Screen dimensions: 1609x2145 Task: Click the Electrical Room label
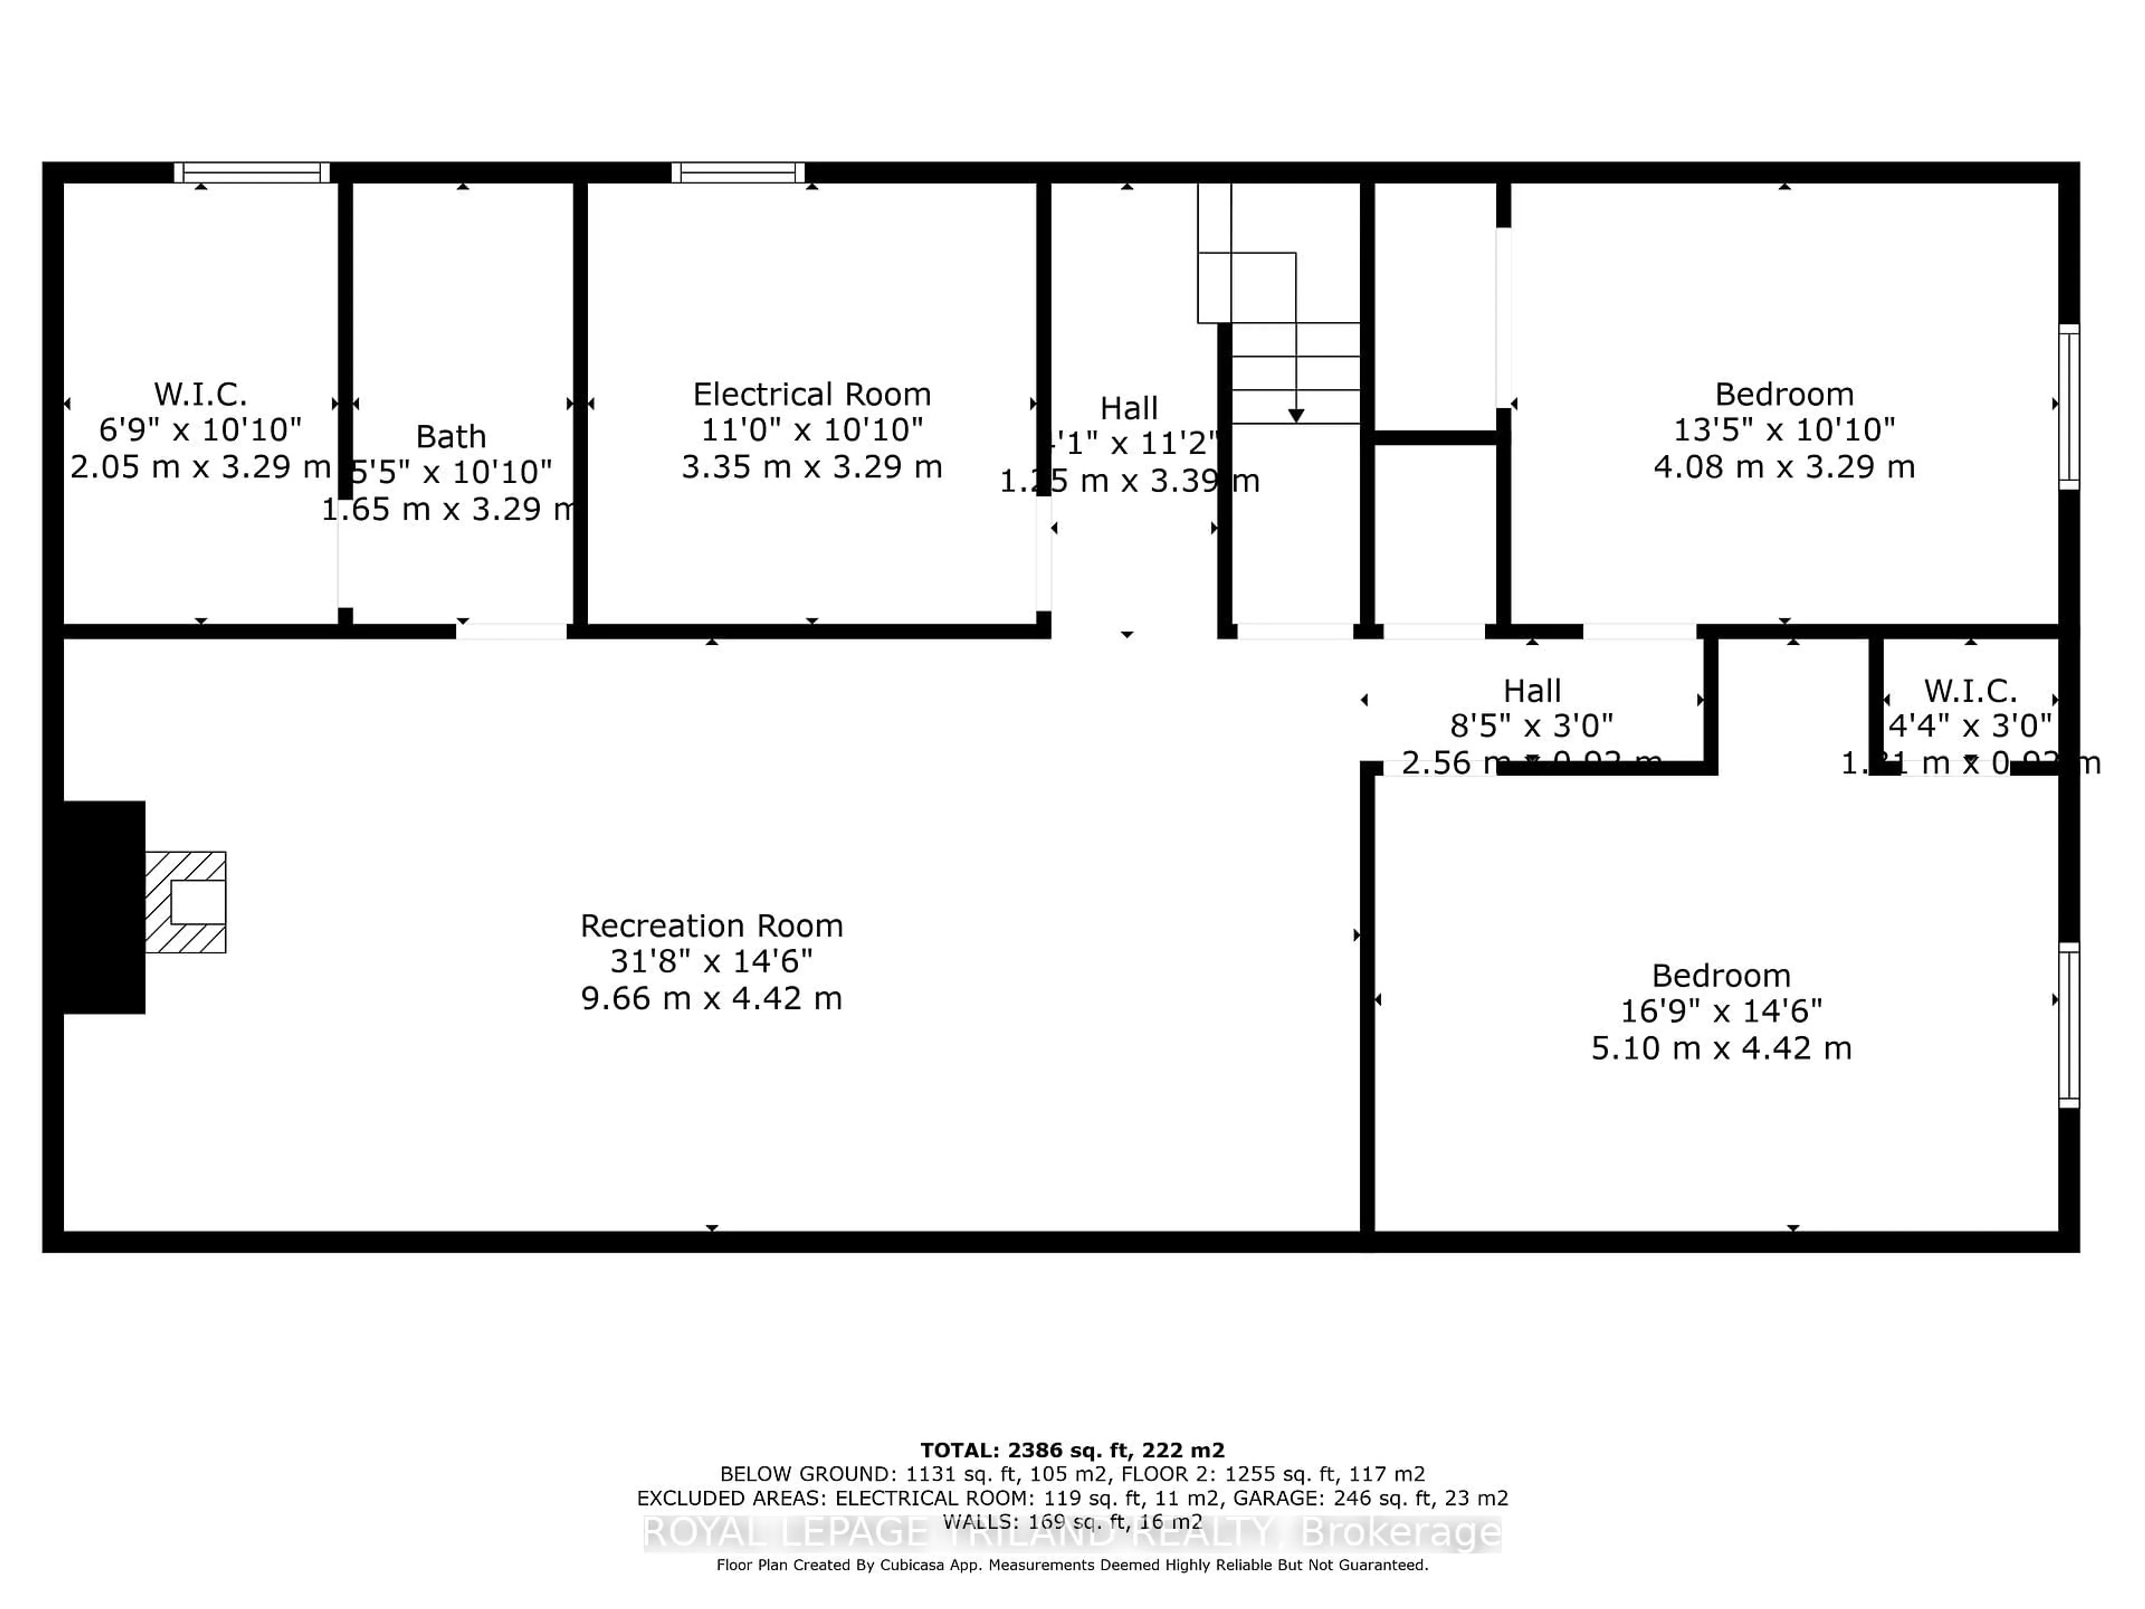pos(812,395)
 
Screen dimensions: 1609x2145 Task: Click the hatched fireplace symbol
pos(186,902)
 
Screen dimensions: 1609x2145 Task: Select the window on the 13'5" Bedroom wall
pos(2068,406)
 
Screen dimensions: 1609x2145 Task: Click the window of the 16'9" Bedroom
pos(2068,1025)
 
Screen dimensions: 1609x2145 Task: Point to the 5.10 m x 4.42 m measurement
pos(1721,1049)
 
